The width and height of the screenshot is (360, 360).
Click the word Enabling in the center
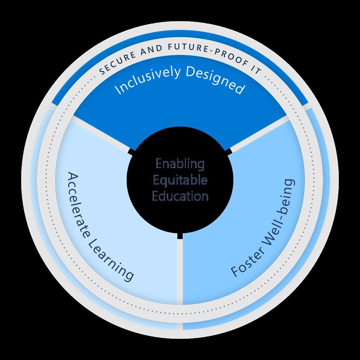tap(180, 165)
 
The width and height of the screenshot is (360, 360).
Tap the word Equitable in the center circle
tap(180, 180)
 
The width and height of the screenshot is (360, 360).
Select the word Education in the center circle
tap(180, 196)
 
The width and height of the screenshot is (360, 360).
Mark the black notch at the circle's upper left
tap(132, 152)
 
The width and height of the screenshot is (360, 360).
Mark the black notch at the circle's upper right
tap(228, 152)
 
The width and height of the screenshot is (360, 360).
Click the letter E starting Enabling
tap(159, 165)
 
